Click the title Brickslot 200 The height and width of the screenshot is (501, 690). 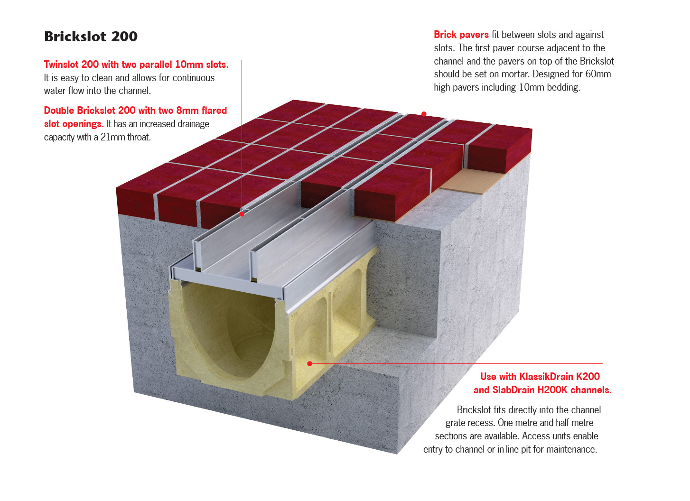91,37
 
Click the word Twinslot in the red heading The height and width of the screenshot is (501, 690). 61,65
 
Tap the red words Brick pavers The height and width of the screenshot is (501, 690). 461,35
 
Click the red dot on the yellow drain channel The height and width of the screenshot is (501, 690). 310,364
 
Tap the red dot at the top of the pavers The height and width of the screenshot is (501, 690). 424,114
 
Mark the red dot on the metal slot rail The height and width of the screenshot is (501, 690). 242,214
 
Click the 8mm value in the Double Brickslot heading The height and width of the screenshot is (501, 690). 187,110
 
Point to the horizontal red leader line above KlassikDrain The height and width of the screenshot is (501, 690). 456,364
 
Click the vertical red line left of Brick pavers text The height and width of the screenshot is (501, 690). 424,72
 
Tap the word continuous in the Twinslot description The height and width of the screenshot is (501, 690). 194,78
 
